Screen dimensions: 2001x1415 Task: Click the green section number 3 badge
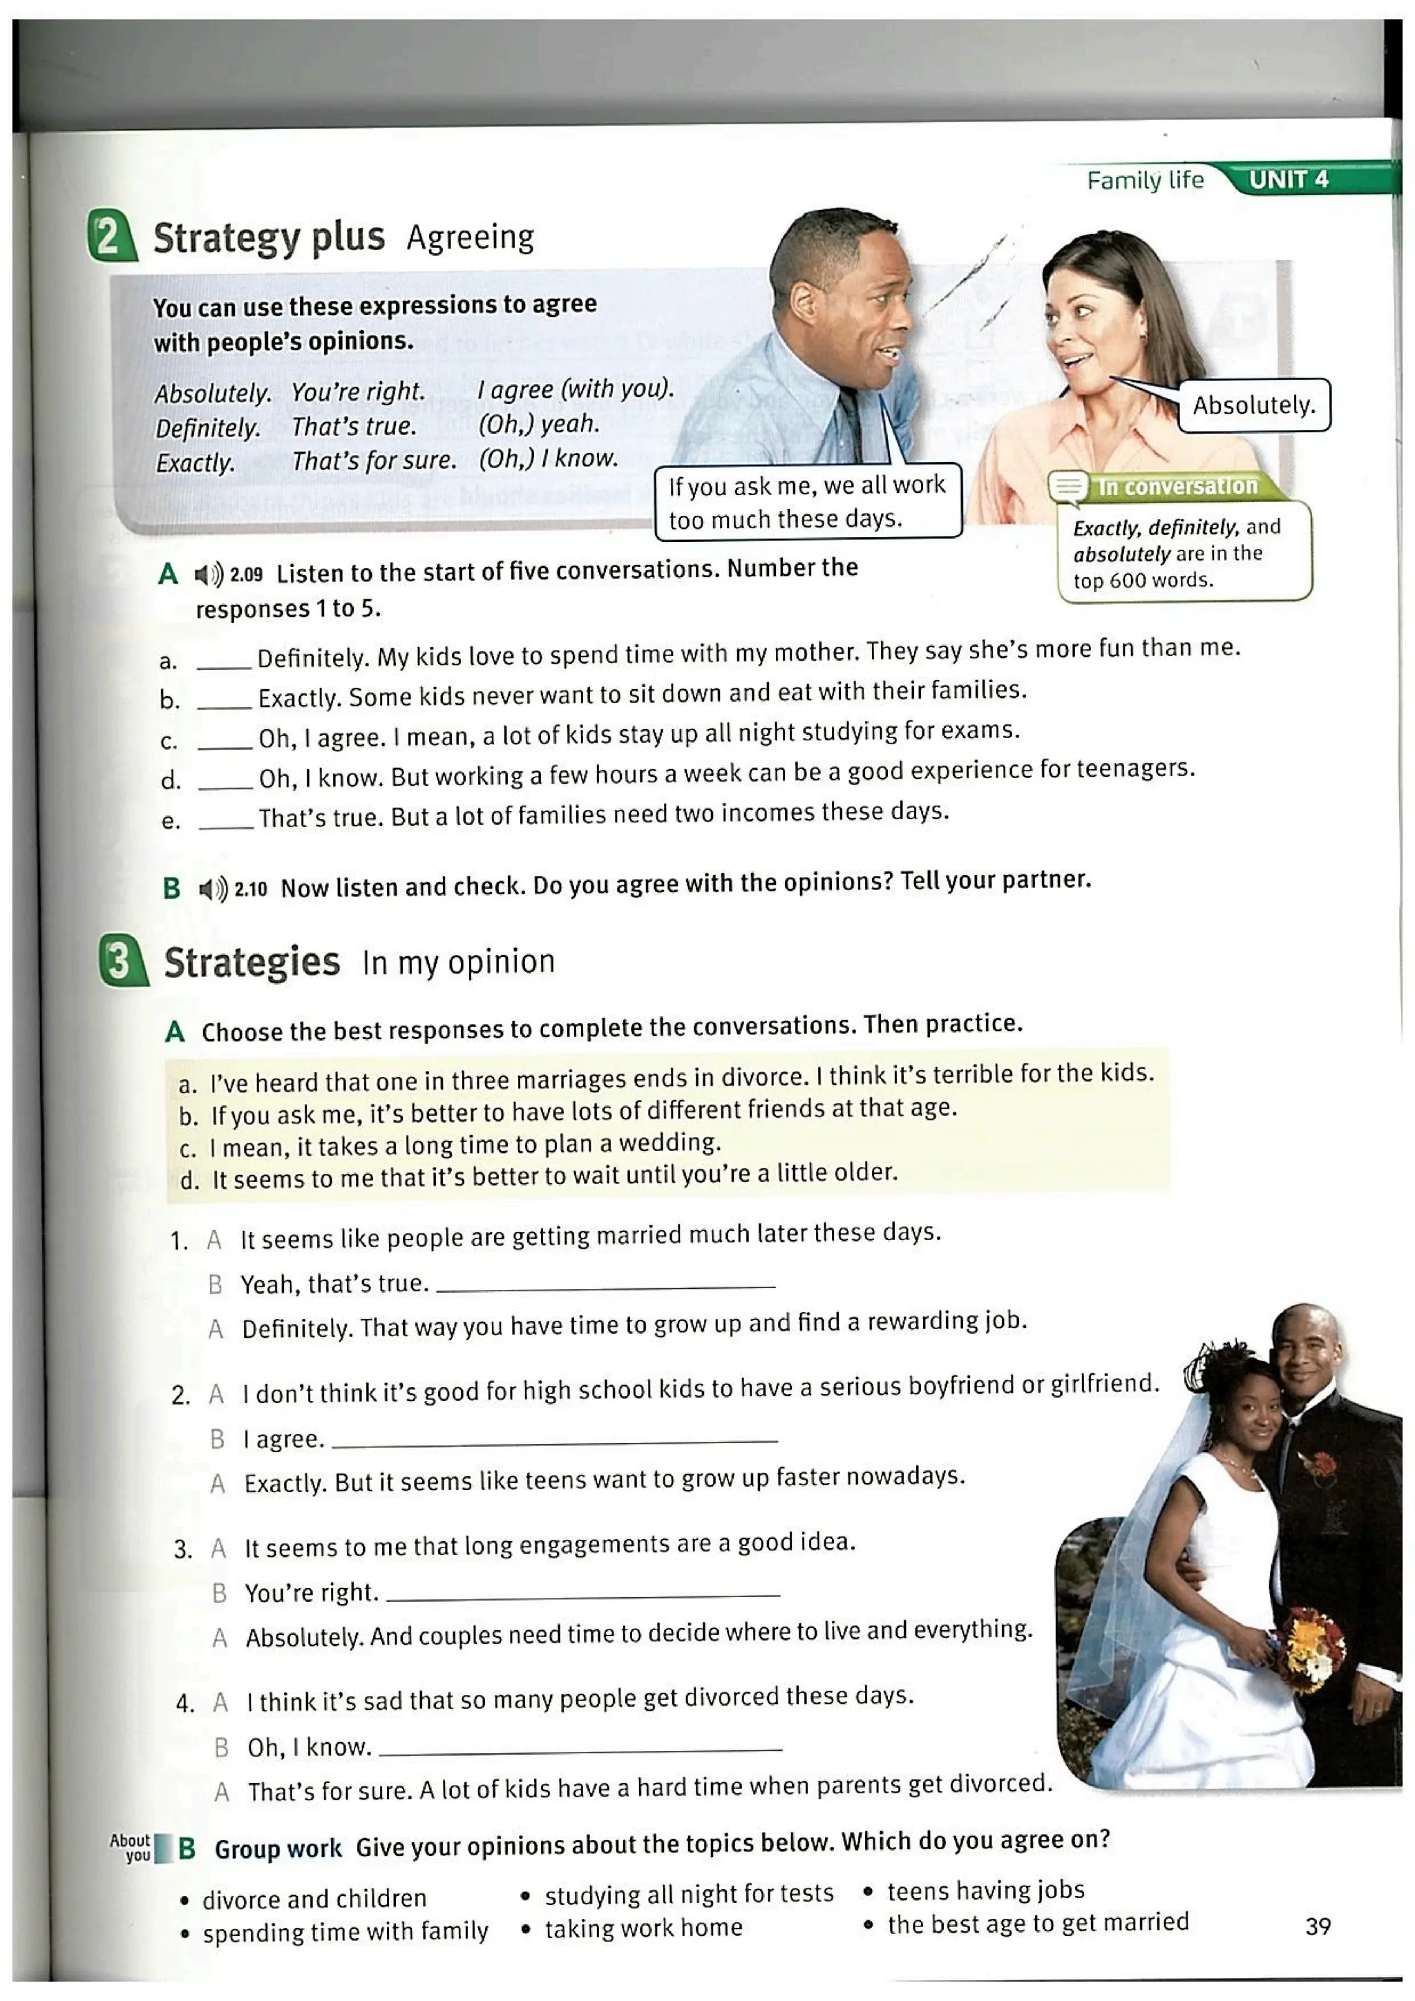tap(123, 960)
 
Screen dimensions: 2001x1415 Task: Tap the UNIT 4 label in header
tap(1288, 180)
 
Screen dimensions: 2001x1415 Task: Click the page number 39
tap(1318, 1925)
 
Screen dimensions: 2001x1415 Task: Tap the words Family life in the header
tap(1144, 180)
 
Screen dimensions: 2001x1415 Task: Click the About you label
tap(131, 1847)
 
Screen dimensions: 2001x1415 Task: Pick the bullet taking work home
tap(643, 1928)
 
